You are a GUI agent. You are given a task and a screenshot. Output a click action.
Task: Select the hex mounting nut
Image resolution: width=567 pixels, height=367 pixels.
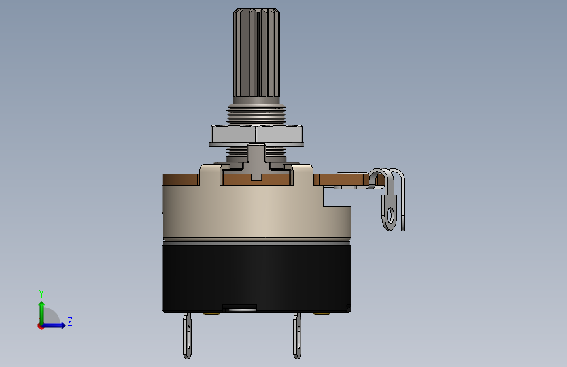[x=256, y=135]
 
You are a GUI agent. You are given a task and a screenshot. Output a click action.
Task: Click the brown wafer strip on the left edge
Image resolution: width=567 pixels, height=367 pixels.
[x=180, y=180]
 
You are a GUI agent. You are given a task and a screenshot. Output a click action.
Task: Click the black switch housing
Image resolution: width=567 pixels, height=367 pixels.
[x=255, y=274]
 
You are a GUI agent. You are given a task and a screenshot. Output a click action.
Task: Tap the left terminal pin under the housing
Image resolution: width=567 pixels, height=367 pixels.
[x=188, y=335]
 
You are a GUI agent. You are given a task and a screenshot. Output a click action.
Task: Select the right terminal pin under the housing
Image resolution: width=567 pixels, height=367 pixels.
[x=297, y=335]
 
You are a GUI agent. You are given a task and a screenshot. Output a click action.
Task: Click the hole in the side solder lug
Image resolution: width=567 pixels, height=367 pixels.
[x=390, y=214]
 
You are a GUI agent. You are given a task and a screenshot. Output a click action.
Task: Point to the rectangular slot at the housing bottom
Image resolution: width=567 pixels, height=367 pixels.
[x=239, y=307]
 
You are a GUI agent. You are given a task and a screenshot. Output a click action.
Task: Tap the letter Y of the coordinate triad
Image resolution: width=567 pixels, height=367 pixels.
[x=41, y=293]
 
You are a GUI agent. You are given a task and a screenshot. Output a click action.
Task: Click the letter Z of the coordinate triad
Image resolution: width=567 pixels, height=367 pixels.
[x=70, y=321]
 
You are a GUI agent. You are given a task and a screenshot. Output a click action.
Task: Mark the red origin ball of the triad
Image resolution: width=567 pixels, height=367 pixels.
[x=41, y=326]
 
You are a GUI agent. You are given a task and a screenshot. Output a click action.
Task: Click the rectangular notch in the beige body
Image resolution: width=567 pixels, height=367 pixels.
[x=337, y=196]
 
